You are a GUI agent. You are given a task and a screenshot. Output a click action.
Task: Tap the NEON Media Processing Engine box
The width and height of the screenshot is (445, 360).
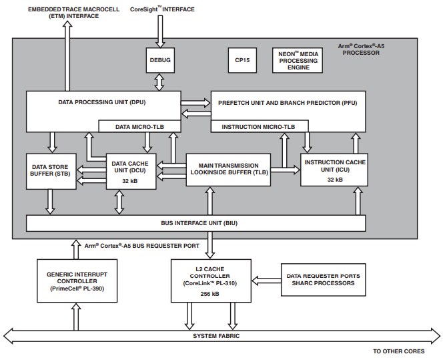298,60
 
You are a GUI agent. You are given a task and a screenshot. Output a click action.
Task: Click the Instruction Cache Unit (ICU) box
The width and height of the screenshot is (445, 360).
334,170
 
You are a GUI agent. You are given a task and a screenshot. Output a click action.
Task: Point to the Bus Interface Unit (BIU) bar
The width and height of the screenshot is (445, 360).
195,223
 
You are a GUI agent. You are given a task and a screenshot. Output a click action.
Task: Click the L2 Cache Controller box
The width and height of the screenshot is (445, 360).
210,279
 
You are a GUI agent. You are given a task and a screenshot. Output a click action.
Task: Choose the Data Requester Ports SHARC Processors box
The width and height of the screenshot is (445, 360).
324,279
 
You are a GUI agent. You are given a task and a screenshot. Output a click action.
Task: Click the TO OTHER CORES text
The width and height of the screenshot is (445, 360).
407,351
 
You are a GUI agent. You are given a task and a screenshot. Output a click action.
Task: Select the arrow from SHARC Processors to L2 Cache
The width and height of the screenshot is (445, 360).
265,279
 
